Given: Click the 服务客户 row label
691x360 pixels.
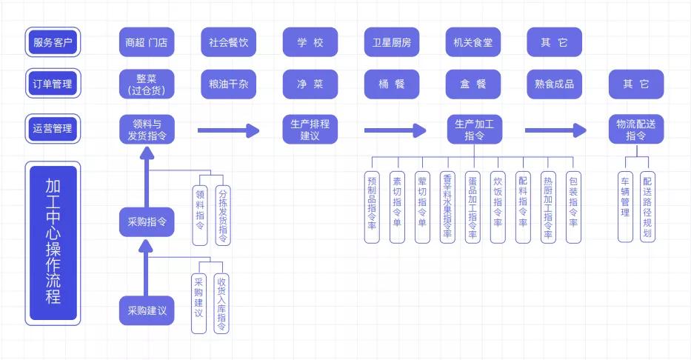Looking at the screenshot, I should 53,42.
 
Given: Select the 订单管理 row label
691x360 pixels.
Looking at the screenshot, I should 53,84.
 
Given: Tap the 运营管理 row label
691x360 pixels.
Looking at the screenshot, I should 53,128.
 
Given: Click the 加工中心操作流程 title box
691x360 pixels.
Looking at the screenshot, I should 53,242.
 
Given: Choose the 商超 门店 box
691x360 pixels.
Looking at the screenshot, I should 147,42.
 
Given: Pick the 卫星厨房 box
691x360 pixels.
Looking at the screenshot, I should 391,42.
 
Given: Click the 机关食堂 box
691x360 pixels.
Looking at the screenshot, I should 473,42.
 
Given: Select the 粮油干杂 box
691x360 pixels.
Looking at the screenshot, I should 228,84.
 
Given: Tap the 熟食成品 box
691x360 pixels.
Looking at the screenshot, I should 554,84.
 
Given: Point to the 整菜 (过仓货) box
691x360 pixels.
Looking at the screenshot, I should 147,84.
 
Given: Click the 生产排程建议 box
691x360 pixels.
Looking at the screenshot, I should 310,130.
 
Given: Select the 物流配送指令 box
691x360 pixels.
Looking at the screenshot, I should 635,130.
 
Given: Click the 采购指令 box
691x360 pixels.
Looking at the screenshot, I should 147,221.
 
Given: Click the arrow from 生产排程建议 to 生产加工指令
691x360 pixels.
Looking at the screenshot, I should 394,131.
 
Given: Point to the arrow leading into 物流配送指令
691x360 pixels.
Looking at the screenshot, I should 555,131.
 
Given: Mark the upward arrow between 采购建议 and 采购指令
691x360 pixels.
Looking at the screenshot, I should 147,267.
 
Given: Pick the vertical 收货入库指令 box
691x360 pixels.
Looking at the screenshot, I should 221,303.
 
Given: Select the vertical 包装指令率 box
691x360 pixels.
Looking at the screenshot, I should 573,207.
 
